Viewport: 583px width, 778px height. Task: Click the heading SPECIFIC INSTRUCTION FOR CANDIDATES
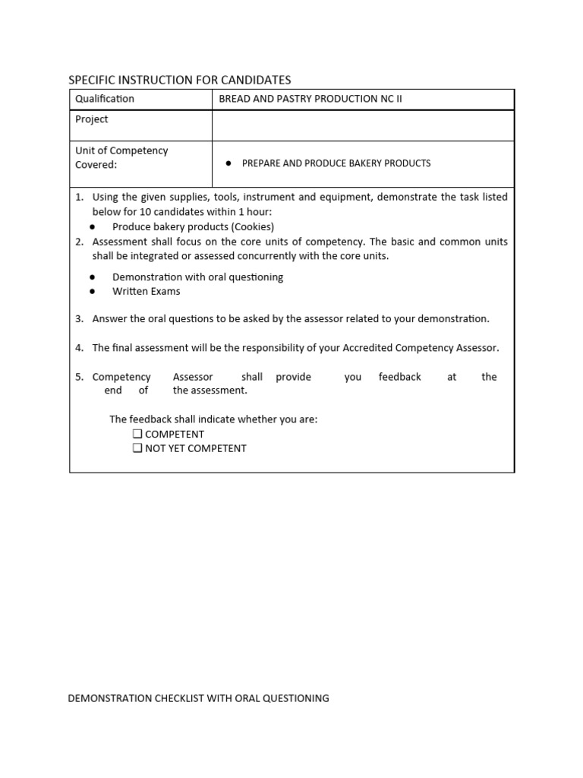[179, 80]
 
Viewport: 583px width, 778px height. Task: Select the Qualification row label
[105, 99]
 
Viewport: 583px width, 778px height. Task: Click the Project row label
[92, 119]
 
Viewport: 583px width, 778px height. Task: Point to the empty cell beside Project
[363, 125]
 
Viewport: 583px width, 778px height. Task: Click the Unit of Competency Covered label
[121, 157]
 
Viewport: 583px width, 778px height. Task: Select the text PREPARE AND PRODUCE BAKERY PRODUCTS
[336, 163]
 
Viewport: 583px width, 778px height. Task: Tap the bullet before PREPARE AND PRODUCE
[228, 163]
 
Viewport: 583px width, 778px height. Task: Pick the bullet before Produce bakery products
[93, 226]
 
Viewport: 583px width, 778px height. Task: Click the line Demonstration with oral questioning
[197, 277]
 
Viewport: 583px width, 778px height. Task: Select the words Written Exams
[147, 291]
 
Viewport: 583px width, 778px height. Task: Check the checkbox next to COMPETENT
[137, 434]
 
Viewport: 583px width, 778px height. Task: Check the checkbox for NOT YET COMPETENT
[137, 448]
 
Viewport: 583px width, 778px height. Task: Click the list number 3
[79, 319]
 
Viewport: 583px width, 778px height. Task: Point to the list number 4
[79, 348]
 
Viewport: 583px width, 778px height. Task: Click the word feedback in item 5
[399, 377]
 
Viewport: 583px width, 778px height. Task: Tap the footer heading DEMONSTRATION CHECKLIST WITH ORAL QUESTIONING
[199, 698]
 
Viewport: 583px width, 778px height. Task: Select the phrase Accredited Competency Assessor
[420, 348]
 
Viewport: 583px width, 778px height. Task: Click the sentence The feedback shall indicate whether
[213, 419]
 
